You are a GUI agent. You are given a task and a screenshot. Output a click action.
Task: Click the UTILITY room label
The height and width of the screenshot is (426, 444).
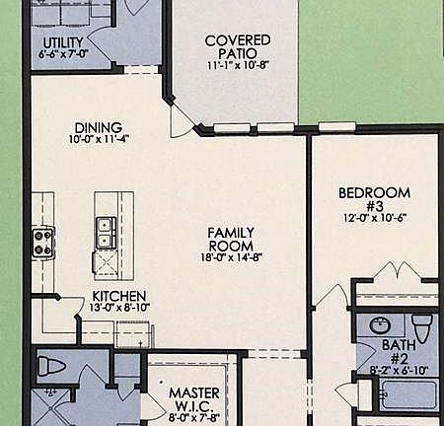pos(63,41)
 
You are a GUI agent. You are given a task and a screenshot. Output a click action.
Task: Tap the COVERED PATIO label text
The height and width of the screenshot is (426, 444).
pos(238,46)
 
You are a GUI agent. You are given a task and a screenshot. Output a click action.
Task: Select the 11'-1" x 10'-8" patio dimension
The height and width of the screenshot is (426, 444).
pos(238,66)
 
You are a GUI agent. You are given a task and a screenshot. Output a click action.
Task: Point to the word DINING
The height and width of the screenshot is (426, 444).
pos(98,127)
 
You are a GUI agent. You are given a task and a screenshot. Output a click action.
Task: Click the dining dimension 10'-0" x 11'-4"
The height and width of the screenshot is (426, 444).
pos(98,140)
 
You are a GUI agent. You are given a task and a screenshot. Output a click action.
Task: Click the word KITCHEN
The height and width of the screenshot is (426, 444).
pos(119,296)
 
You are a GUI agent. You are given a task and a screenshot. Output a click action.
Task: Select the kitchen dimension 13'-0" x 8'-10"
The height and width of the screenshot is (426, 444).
pos(119,309)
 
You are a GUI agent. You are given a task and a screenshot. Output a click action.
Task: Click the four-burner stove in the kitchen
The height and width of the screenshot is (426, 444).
pos(42,237)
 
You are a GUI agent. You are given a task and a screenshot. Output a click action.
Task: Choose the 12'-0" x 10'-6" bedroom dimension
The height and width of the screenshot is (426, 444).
pos(375,218)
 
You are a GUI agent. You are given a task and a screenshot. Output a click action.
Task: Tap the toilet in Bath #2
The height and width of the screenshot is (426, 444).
pos(421,327)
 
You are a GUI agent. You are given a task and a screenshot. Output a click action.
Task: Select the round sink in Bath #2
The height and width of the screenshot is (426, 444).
pos(379,325)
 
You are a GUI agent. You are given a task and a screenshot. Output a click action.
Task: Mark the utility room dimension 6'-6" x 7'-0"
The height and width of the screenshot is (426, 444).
pos(63,55)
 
